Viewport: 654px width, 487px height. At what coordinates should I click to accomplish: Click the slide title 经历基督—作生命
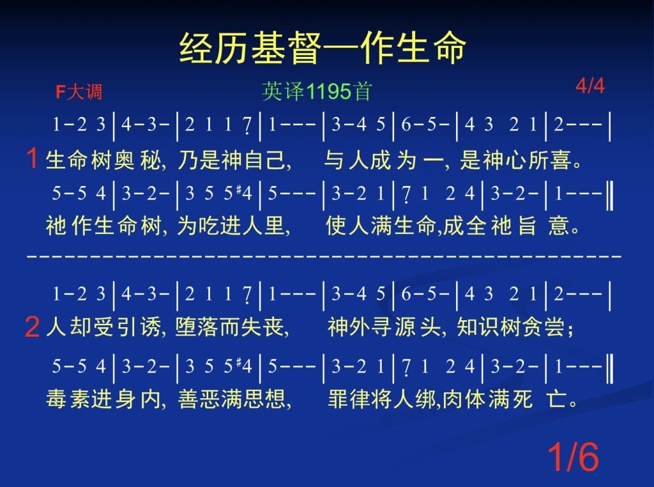[x=323, y=48]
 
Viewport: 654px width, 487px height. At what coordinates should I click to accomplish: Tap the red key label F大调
[x=79, y=91]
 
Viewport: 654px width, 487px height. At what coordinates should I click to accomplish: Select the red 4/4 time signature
[x=589, y=86]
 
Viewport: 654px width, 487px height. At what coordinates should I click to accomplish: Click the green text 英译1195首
[x=317, y=91]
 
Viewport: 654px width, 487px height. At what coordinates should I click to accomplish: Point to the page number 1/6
[x=573, y=456]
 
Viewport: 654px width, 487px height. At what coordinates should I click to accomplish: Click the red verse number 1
[x=32, y=158]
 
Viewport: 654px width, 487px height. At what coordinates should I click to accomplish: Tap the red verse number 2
[x=33, y=327]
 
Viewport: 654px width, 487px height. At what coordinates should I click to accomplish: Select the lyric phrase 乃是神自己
[x=232, y=160]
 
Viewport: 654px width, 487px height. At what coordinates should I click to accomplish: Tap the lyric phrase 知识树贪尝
[x=510, y=327]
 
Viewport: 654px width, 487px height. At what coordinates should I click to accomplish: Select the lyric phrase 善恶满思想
[x=231, y=399]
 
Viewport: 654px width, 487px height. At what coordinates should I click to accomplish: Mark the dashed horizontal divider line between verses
[x=324, y=255]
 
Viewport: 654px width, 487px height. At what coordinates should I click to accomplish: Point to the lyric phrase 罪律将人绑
[x=382, y=399]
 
